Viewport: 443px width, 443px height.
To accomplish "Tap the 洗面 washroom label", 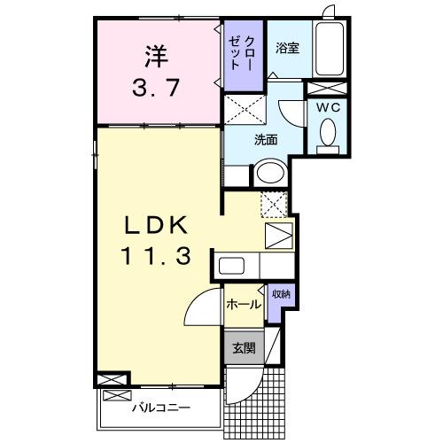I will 267,139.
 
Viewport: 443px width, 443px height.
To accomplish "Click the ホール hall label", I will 243,305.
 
